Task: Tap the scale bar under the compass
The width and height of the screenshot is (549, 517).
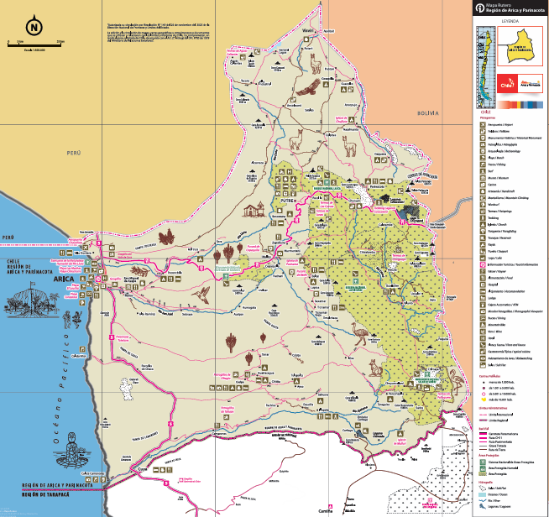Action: pos(34,43)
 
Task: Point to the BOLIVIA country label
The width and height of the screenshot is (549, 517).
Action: pos(427,112)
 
